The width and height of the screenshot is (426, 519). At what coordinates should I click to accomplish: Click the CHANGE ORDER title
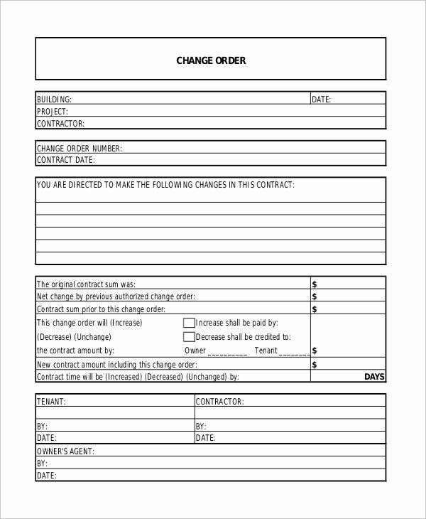[x=211, y=60]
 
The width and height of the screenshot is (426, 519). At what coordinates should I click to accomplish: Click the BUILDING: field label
[x=55, y=100]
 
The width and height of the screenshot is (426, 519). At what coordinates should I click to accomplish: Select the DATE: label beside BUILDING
[x=322, y=100]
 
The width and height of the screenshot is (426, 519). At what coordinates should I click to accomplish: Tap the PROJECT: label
[x=53, y=112]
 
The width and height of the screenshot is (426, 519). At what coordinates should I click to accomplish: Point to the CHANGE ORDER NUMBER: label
[x=80, y=149]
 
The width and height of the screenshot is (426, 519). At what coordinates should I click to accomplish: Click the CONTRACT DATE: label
[x=65, y=160]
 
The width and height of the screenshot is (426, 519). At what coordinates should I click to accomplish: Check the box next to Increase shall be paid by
[x=189, y=323]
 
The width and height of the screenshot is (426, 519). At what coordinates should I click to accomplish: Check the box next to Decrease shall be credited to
[x=189, y=337]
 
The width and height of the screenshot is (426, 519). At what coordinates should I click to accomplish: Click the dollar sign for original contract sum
[x=315, y=284]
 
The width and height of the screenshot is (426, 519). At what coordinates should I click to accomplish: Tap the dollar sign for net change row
[x=315, y=296]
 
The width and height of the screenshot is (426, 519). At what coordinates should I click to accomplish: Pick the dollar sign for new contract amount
[x=315, y=365]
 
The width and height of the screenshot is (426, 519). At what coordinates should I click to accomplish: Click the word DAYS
[x=374, y=377]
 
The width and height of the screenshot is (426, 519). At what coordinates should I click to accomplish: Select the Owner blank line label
[x=195, y=351]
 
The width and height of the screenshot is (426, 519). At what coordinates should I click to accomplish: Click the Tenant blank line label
[x=266, y=351]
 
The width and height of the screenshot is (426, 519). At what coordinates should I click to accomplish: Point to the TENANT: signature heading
[x=51, y=402]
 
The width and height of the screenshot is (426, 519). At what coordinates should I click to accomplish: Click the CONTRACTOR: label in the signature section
[x=220, y=402]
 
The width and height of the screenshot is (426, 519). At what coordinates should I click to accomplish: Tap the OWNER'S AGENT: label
[x=65, y=451]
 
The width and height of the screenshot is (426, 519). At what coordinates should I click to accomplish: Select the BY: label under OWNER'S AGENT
[x=42, y=464]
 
